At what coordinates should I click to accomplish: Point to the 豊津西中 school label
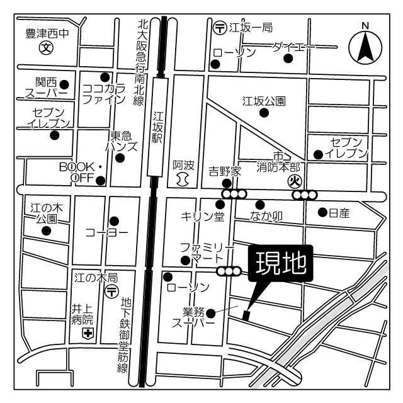click(x=47, y=33)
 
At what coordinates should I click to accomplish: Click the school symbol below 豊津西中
click(x=46, y=47)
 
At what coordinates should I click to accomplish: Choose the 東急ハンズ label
click(x=123, y=142)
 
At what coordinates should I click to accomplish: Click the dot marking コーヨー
click(x=114, y=221)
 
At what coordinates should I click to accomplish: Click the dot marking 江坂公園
click(x=264, y=113)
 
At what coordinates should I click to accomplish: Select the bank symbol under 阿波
click(x=182, y=179)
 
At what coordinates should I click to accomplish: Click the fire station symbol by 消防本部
click(x=293, y=181)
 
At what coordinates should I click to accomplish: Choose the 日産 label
click(x=339, y=213)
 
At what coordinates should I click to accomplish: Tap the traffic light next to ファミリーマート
click(x=229, y=271)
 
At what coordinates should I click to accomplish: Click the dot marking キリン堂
click(x=220, y=204)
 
